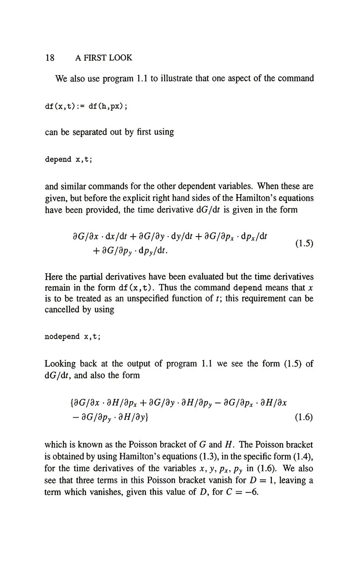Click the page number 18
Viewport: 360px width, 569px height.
[50, 58]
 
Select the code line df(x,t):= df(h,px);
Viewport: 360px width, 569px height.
[86, 106]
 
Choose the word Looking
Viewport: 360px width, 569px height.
[60, 364]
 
